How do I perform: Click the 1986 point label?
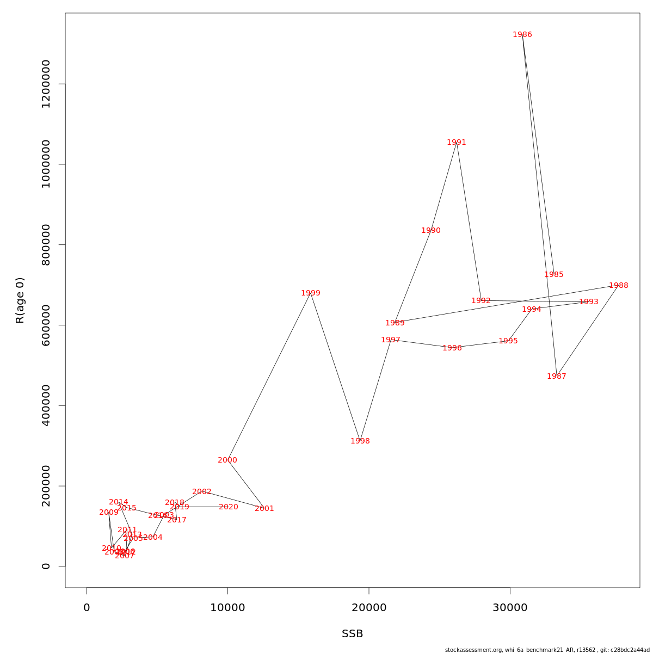(522, 35)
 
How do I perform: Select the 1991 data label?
(457, 143)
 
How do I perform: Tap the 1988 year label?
(619, 286)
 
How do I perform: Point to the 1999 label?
(311, 293)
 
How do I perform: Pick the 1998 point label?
(360, 441)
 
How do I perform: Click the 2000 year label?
(227, 460)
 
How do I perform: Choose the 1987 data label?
(557, 377)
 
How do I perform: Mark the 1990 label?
(431, 231)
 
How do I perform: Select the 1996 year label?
(452, 348)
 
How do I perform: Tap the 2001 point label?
(264, 509)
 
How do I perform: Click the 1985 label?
(554, 275)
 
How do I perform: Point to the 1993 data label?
(589, 302)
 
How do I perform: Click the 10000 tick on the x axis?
(227, 608)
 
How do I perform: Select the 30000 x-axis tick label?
(510, 608)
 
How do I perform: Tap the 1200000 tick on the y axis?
(46, 84)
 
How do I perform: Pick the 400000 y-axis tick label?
(46, 405)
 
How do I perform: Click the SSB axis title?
(353, 634)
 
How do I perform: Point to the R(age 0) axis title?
(20, 300)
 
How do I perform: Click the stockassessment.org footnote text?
(547, 650)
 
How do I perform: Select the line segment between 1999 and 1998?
(335, 367)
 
